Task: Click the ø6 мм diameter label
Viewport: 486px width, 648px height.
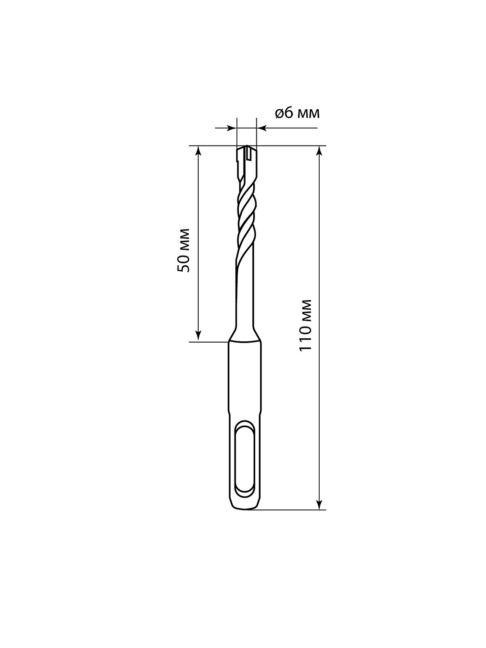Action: [x=297, y=113]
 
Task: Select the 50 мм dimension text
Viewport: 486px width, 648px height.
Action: [x=183, y=250]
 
